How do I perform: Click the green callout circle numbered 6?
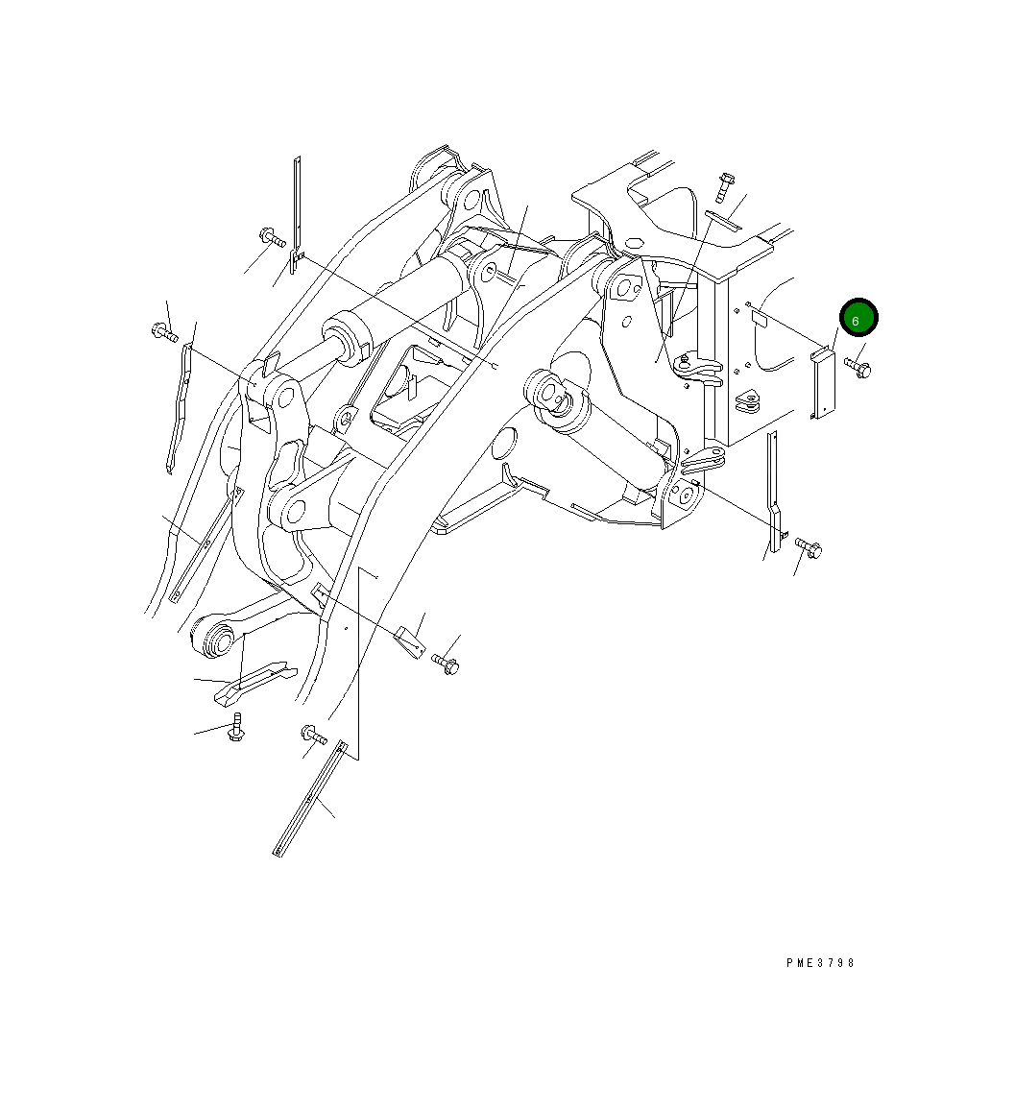pos(858,320)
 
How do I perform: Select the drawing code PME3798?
pos(819,963)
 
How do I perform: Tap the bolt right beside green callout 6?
pos(858,367)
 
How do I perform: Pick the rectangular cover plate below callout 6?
pos(823,385)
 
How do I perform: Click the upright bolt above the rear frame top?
pos(725,186)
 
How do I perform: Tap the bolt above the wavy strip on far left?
pos(163,333)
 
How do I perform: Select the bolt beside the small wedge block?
pos(447,663)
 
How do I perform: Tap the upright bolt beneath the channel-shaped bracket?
pos(234,728)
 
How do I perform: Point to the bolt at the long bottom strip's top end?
pos(313,736)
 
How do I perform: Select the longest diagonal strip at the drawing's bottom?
pos(307,797)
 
